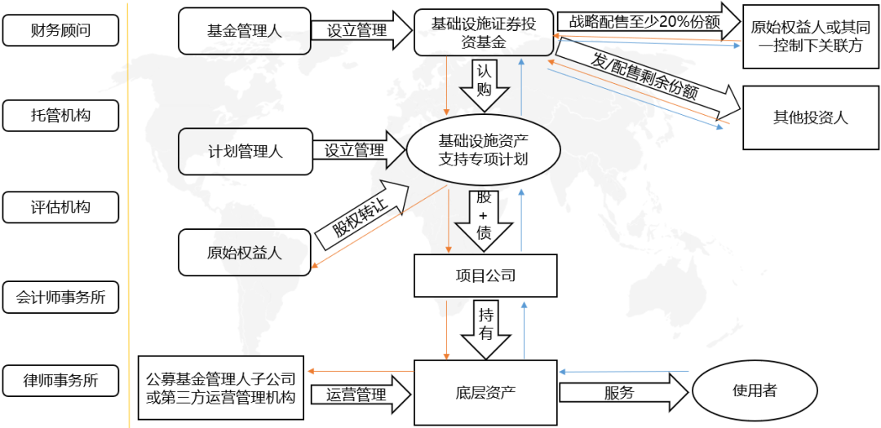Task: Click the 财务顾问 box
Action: click(x=60, y=30)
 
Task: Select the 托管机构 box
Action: click(x=60, y=116)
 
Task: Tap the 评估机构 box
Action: click(x=60, y=207)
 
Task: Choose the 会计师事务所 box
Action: click(x=60, y=297)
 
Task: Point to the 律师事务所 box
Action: click(x=60, y=381)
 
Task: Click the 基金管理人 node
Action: click(x=245, y=31)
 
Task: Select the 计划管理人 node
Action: click(x=245, y=151)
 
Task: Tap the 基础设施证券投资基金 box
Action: click(x=484, y=32)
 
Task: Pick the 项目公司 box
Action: click(x=485, y=276)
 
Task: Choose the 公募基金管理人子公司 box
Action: click(x=221, y=387)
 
